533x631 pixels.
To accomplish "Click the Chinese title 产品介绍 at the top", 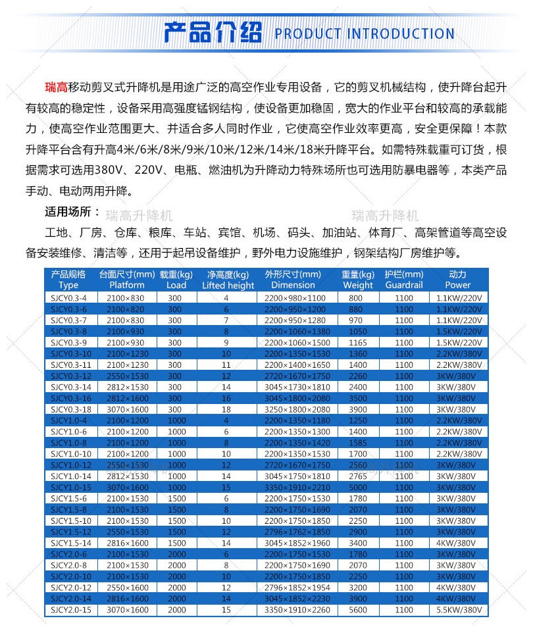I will point(212,32).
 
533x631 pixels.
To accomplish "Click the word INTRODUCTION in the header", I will point(400,34).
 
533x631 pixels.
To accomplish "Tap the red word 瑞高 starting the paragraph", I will point(56,88).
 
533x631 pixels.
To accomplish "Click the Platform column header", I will point(127,286).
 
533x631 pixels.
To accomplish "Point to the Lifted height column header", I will point(228,286).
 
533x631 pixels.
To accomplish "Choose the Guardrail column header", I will point(404,286).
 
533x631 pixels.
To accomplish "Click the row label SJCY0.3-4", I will point(68,297).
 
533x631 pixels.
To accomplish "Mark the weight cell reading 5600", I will point(358,611).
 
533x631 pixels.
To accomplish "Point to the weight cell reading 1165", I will point(358,342).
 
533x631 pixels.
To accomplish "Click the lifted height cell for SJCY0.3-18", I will point(226,409).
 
